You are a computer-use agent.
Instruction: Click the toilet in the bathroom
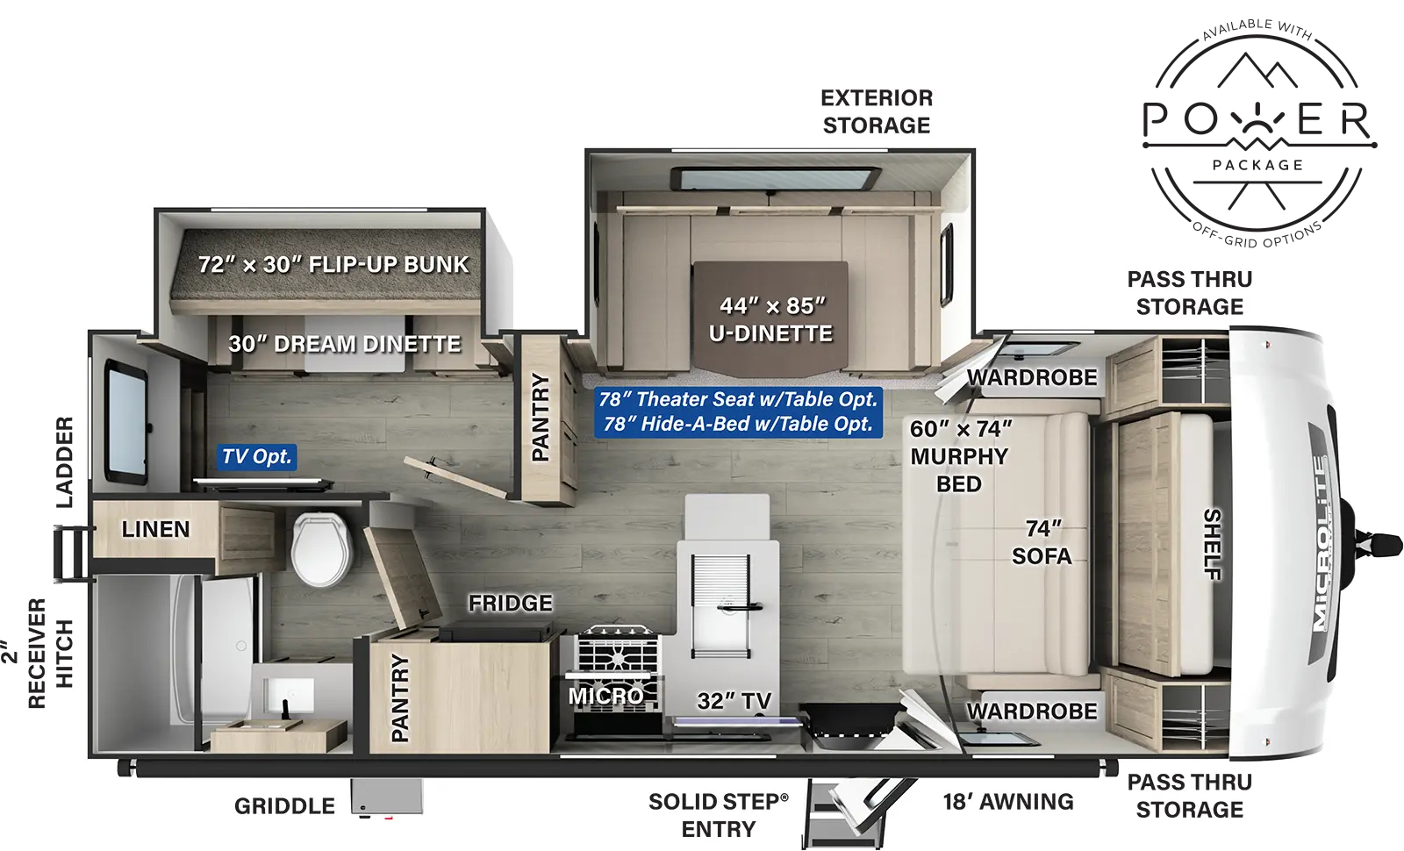(x=322, y=549)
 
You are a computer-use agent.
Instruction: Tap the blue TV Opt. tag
(x=256, y=456)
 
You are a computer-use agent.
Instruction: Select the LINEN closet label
(x=155, y=530)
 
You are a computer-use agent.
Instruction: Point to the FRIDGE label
(x=510, y=604)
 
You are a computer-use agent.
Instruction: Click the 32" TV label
(x=734, y=701)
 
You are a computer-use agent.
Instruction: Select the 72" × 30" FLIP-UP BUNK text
(x=333, y=264)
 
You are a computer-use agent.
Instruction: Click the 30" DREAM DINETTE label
(x=344, y=344)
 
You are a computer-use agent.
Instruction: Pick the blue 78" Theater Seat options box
(x=738, y=411)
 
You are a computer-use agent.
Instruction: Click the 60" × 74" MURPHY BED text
(x=959, y=456)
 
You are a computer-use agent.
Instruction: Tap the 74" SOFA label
(x=1042, y=542)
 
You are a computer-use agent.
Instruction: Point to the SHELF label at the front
(x=1212, y=544)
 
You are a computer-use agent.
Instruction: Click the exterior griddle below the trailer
(x=387, y=797)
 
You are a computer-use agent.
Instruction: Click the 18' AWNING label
(x=1007, y=802)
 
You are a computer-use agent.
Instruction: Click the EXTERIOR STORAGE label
(x=876, y=111)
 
